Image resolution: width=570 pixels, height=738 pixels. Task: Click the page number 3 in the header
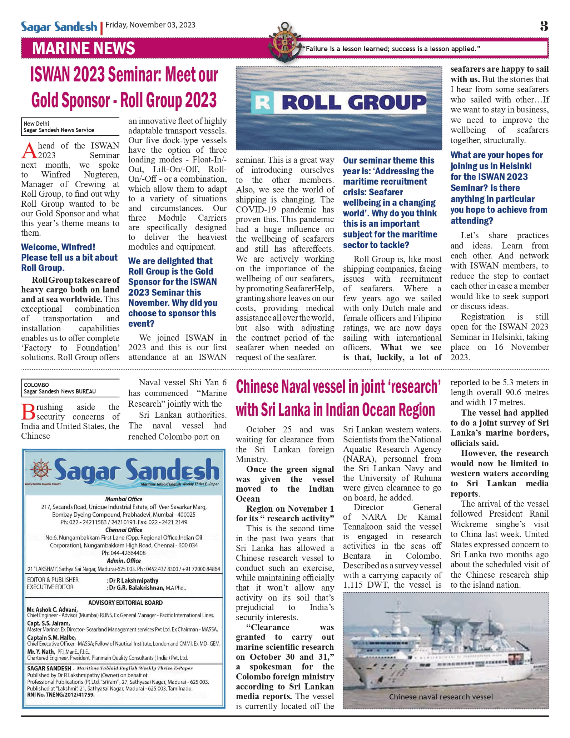544,26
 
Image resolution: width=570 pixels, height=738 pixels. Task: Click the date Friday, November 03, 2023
150,25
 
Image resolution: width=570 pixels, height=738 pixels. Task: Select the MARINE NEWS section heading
84,49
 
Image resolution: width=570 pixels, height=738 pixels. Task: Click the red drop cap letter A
29,150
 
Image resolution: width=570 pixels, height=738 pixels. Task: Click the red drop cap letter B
28,412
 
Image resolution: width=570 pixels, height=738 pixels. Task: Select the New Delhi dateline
36,124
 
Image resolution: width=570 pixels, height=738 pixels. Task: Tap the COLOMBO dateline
36,385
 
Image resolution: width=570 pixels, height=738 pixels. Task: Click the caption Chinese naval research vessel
441,697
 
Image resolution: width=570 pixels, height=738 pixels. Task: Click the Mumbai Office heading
124,499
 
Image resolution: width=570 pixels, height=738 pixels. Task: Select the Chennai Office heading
124,530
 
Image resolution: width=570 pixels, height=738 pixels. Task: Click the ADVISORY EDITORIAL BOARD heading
125,603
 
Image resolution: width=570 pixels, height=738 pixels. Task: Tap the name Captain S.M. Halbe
51,638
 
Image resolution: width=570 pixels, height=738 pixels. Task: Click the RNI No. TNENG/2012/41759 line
61,695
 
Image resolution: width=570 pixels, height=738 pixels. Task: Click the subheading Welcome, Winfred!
58,247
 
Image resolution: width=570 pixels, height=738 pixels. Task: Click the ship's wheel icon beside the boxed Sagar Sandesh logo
41,469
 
